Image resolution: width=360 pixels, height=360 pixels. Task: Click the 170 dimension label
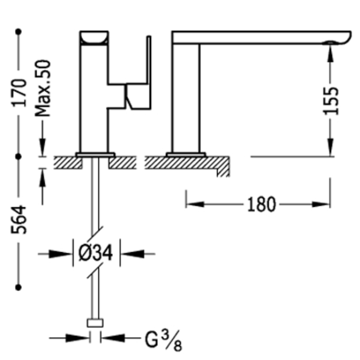tap(20, 93)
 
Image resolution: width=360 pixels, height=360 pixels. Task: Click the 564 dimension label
tap(19, 220)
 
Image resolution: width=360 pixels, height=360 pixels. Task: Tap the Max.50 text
tap(43, 88)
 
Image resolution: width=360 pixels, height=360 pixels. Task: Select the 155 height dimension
tap(331, 101)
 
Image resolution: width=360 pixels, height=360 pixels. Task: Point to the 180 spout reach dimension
tap(262, 205)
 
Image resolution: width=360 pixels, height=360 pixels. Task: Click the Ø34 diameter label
tap(96, 253)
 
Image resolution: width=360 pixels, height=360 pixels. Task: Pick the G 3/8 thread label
tap(164, 341)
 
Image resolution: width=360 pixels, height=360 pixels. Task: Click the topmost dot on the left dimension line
tap(18, 32)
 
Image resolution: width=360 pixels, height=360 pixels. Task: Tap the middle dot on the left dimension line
tap(18, 157)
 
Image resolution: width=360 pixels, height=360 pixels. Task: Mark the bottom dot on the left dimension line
tap(18, 287)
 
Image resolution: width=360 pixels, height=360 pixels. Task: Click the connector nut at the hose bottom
tap(95, 323)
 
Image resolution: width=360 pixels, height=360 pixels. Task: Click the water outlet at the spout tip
tap(330, 43)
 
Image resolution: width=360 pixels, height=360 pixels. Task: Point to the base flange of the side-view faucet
tap(186, 155)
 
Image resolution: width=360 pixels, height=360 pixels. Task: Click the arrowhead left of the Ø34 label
tap(60, 254)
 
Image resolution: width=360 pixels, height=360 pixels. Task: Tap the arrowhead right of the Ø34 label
tap(132, 254)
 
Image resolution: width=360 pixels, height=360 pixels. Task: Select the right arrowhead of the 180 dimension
tap(321, 204)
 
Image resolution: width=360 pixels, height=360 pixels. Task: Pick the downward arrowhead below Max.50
tap(42, 147)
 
